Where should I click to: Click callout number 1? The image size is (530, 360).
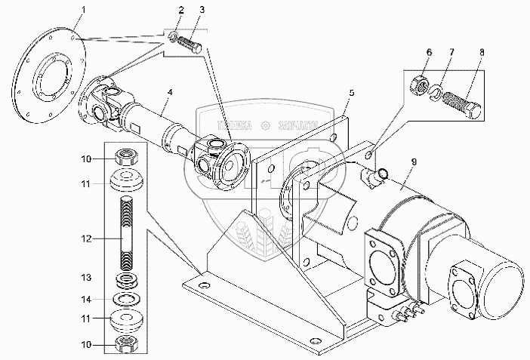84,10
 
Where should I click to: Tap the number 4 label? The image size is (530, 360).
171,92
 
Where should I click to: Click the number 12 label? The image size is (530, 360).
88,238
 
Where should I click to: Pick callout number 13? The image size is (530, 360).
88,277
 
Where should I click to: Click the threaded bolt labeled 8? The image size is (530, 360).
463,105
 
